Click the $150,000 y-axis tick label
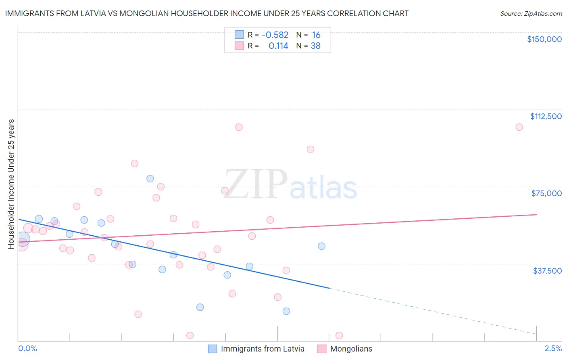pos(544,39)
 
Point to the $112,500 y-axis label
pos(546,116)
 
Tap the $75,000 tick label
pos(546,193)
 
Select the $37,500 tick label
pos(547,271)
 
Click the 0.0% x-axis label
pos(27,349)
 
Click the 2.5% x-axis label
pos(553,349)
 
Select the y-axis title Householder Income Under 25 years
pos(11,184)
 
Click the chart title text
pos(206,14)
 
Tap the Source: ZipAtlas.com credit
pos(531,14)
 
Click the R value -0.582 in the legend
pos(275,35)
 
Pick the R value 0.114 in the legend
pos(278,46)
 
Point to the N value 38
pos(315,46)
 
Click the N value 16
pos(316,35)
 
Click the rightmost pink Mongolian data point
pos(519,127)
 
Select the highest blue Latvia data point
pos(150,178)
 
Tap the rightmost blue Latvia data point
pos(321,246)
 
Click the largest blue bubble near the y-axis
pos(23,239)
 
